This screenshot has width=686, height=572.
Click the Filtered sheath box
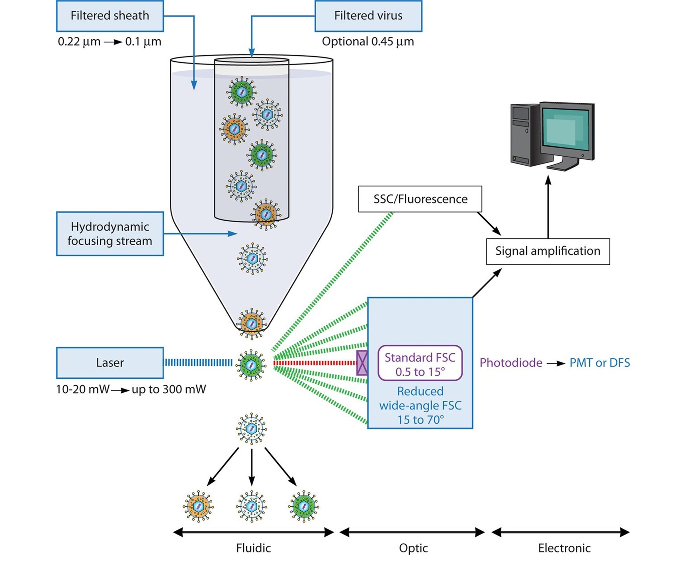click(110, 16)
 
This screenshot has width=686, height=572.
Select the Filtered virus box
click(368, 16)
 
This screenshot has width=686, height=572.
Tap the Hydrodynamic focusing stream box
click(110, 234)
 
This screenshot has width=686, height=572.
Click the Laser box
click(110, 363)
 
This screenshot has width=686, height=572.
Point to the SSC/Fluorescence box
click(420, 199)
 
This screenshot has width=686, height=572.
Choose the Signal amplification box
click(547, 251)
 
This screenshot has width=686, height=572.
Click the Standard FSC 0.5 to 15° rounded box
click(420, 363)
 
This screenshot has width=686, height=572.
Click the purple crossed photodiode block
click(362, 363)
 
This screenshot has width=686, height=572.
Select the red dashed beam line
click(315, 363)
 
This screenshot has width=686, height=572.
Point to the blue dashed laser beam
click(198, 363)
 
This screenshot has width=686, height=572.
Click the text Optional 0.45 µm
click(368, 41)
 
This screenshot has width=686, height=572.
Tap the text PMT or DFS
click(600, 363)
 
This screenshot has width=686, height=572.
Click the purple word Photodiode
click(511, 363)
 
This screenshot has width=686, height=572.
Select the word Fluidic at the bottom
click(253, 548)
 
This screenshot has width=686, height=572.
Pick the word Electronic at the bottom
click(564, 548)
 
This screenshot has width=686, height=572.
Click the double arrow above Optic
click(412, 532)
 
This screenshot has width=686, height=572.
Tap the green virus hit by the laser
click(251, 365)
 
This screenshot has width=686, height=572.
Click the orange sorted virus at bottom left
click(198, 506)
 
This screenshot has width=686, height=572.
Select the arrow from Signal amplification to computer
click(548, 207)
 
